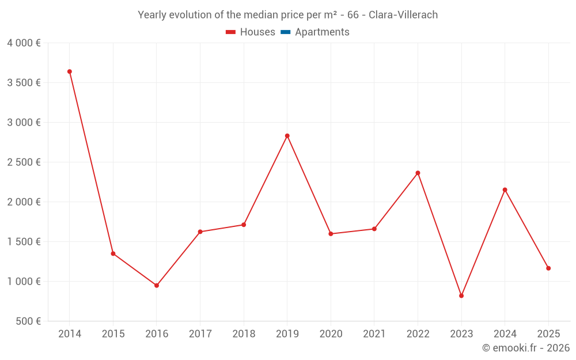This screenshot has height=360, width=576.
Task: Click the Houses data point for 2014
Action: click(70, 71)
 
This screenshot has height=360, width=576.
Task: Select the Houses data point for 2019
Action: click(287, 136)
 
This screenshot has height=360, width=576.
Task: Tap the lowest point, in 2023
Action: click(461, 295)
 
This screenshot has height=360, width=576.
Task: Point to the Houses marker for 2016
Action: click(157, 285)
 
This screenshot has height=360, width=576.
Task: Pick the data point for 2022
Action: click(418, 173)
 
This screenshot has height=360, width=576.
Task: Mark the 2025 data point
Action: click(548, 268)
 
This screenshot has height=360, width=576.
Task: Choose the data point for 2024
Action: click(505, 190)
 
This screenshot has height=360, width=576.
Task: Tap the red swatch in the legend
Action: click(231, 32)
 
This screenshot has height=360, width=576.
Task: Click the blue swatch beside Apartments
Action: click(286, 32)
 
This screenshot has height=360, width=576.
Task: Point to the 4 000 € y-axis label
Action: click(24, 43)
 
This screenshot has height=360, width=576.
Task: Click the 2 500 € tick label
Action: click(24, 162)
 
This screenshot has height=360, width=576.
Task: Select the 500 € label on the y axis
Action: click(28, 321)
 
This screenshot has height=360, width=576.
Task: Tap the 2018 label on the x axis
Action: click(244, 334)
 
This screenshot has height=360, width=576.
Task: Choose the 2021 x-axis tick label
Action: click(374, 334)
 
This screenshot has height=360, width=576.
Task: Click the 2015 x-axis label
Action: click(113, 334)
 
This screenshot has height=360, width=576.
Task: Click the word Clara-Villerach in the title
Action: click(403, 15)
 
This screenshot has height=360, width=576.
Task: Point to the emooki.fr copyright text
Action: click(526, 348)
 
